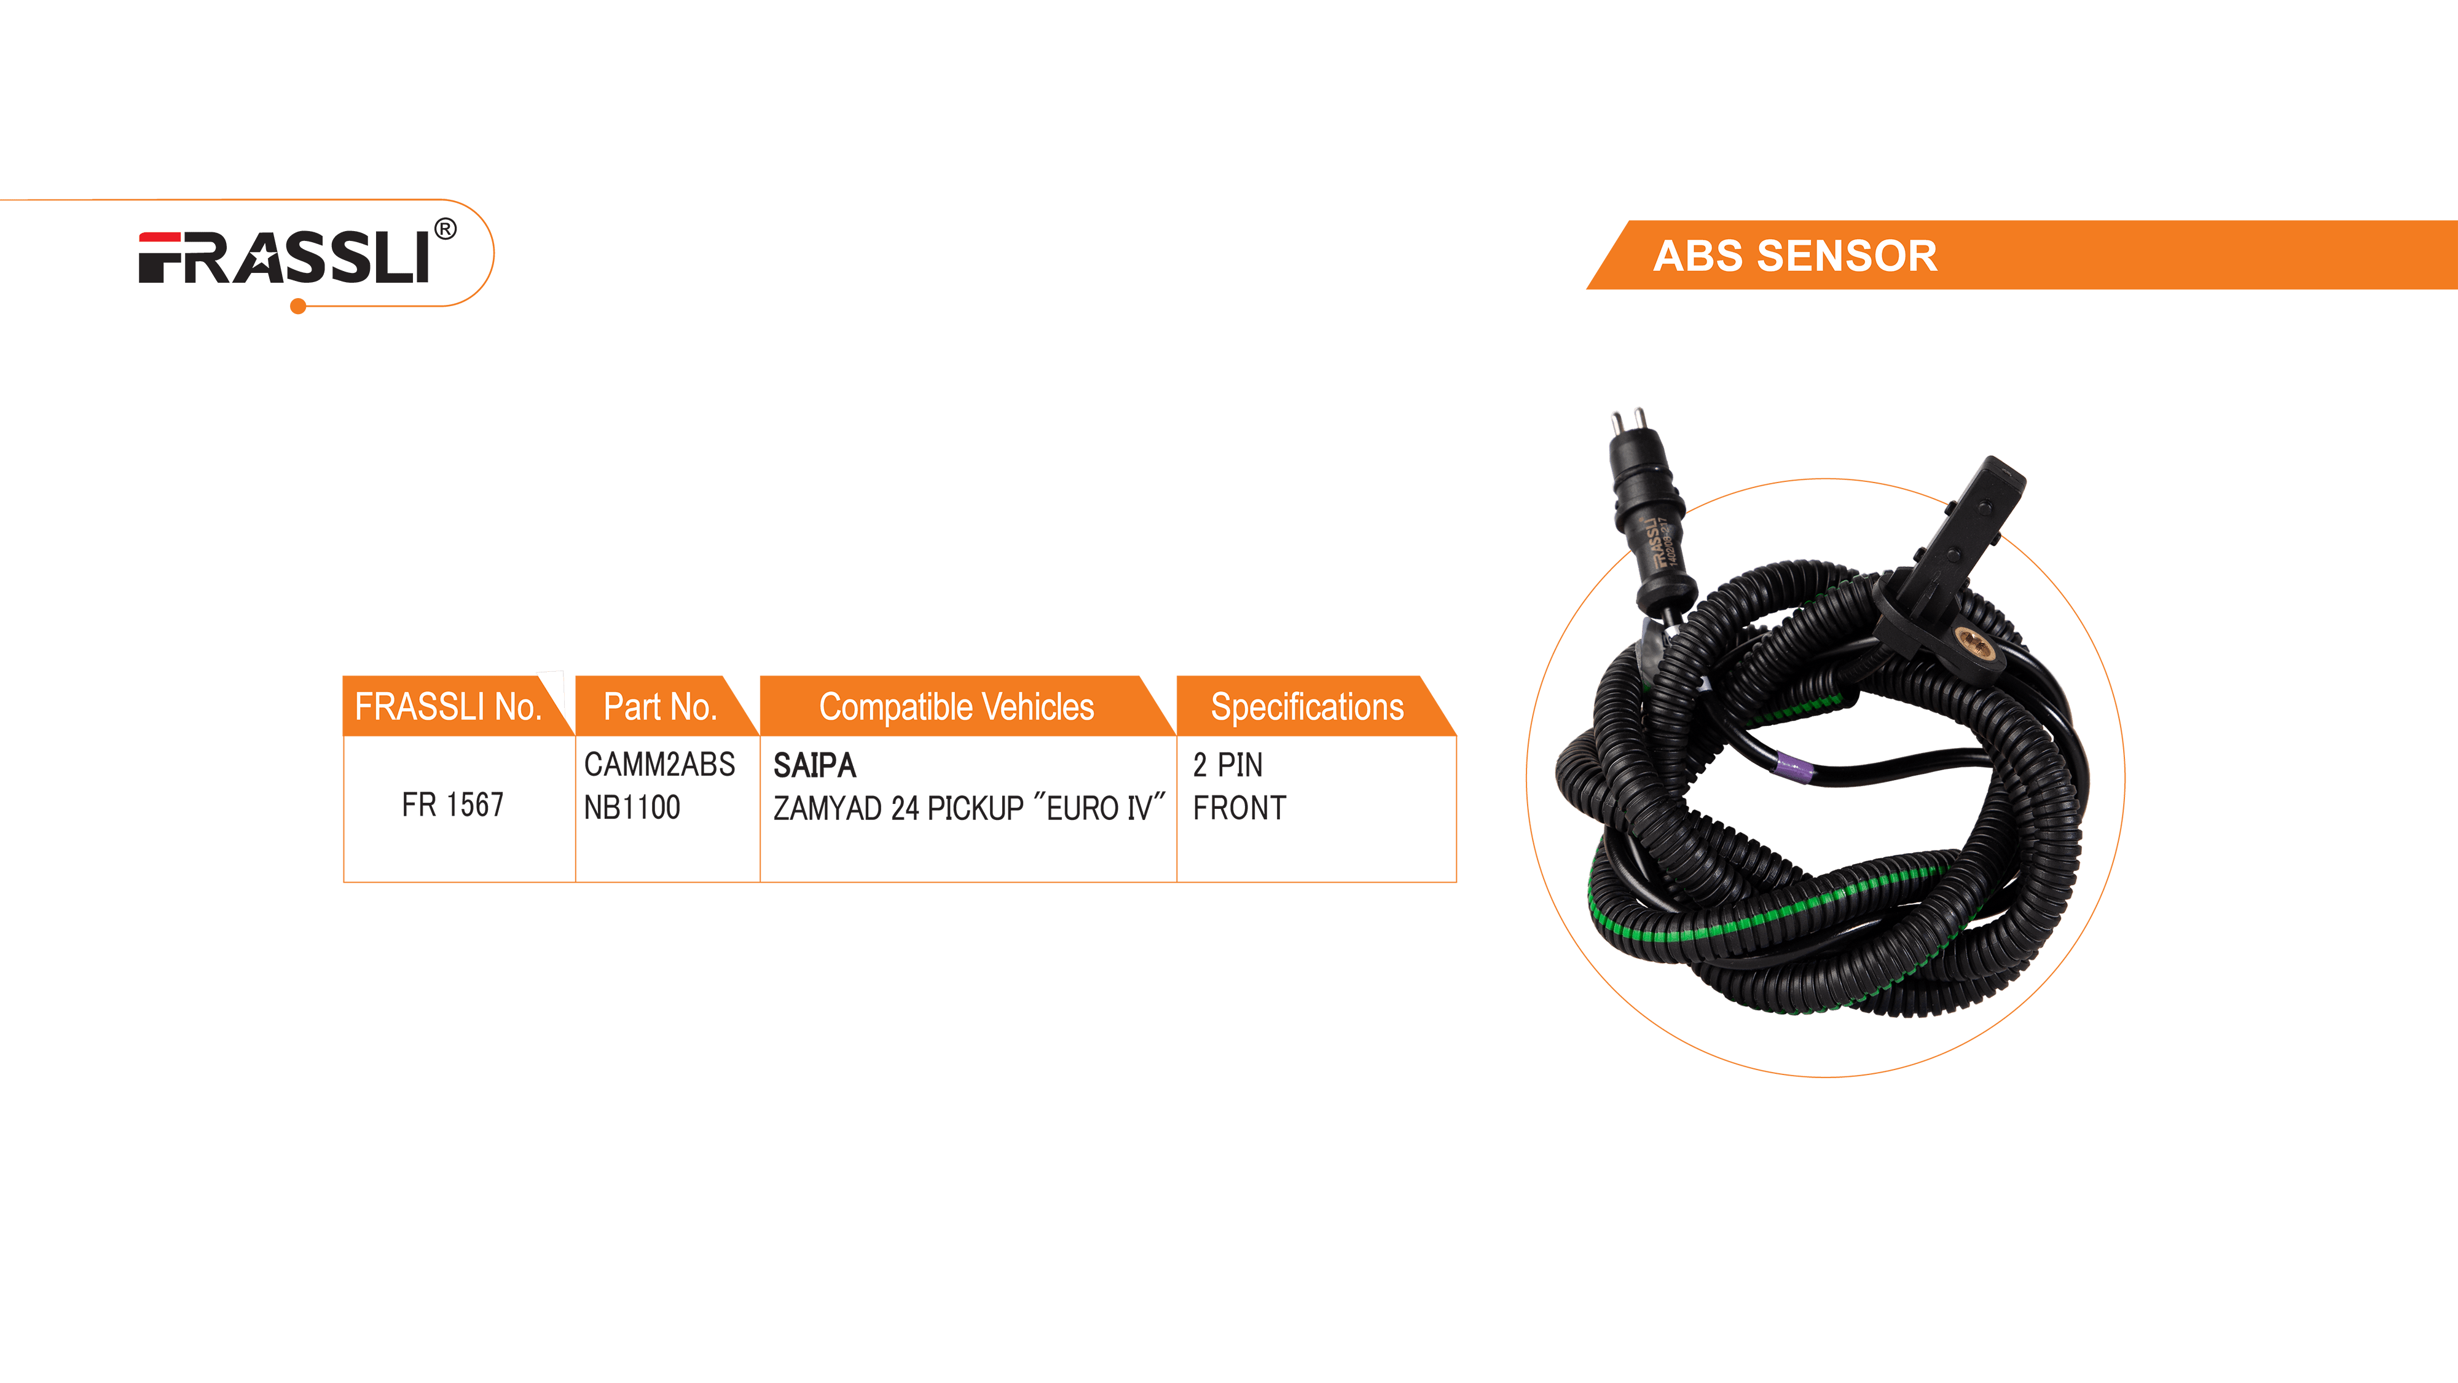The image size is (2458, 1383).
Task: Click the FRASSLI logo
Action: click(285, 258)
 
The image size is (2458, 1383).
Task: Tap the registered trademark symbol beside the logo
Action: click(445, 229)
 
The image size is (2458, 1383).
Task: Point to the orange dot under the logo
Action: click(297, 306)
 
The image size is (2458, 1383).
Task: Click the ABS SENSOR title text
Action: click(1795, 256)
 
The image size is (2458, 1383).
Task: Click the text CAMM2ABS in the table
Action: click(659, 765)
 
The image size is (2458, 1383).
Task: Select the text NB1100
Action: click(632, 808)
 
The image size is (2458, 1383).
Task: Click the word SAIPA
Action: click(814, 765)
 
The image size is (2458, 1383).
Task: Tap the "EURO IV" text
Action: click(1099, 808)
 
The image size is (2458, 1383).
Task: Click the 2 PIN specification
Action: click(1227, 765)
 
